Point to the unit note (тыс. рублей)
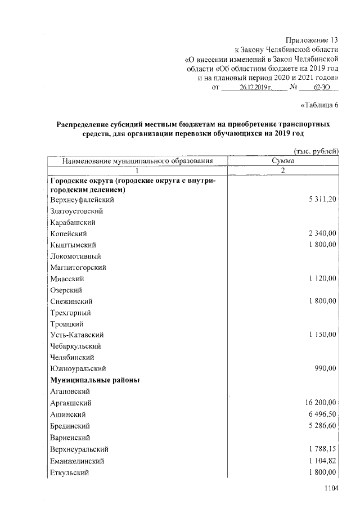point(316,151)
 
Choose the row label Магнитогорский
point(78,267)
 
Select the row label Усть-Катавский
point(76,335)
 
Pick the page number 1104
point(332,489)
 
